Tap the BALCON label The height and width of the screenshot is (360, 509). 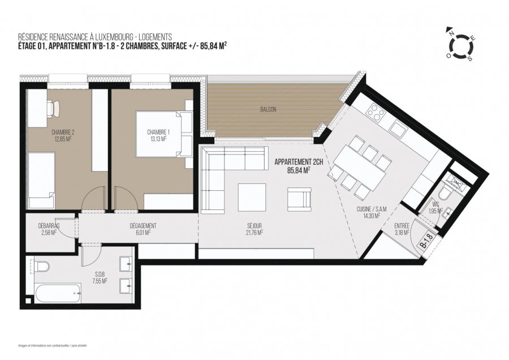(x=269, y=110)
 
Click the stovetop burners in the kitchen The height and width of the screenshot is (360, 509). (x=374, y=113)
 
